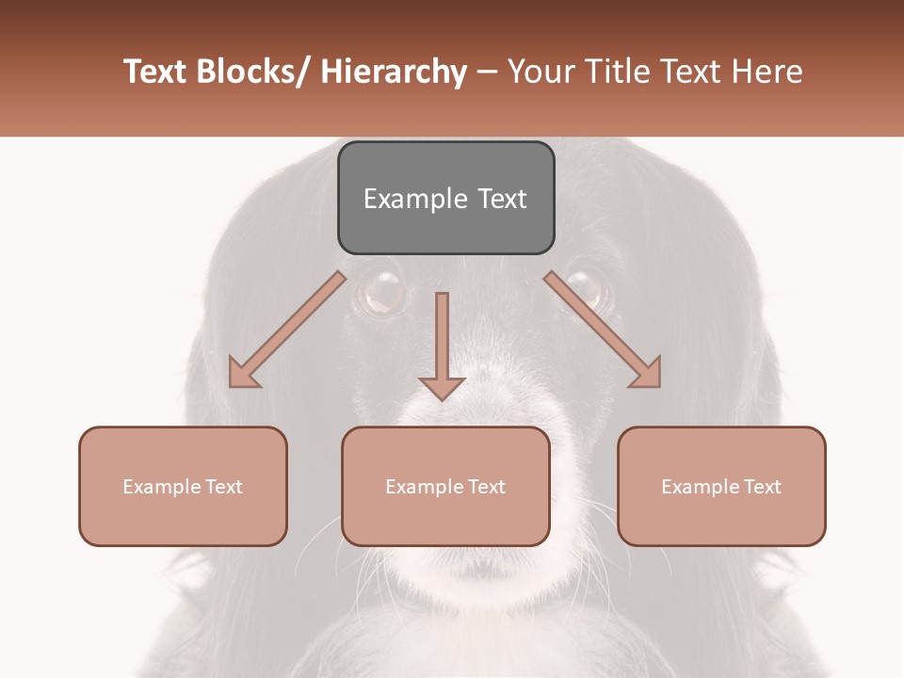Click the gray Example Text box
(x=445, y=198)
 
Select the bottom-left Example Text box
(x=183, y=486)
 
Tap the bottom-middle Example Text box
(x=445, y=486)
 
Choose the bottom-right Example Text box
(x=721, y=486)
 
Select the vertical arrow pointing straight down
(x=442, y=344)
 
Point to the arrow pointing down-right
(x=603, y=330)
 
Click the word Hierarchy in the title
(x=394, y=72)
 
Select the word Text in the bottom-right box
(x=761, y=486)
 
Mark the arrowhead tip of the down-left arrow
(x=232, y=385)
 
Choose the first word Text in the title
(x=156, y=72)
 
